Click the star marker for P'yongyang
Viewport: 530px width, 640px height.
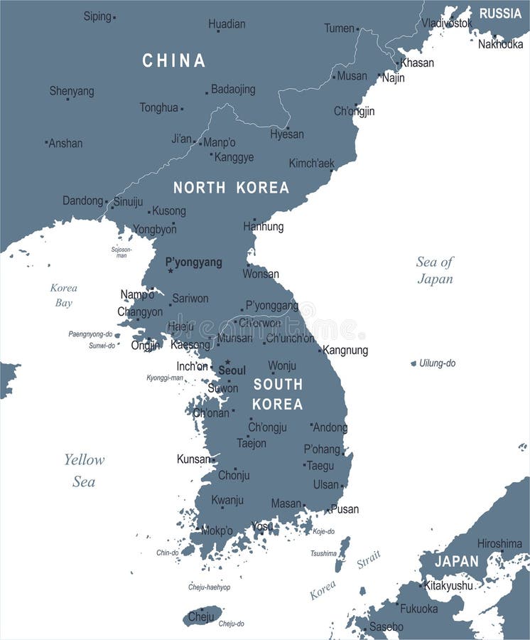pyautogui.click(x=171, y=271)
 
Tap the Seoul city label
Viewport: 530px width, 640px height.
pyautogui.click(x=232, y=370)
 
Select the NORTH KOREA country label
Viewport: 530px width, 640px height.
pyautogui.click(x=231, y=188)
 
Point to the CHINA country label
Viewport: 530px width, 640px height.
pyautogui.click(x=174, y=61)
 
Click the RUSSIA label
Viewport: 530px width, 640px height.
pyautogui.click(x=500, y=13)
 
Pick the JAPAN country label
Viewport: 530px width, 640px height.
pyautogui.click(x=457, y=561)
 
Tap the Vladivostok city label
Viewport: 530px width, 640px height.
pyautogui.click(x=447, y=23)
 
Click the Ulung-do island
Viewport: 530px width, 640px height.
pyautogui.click(x=413, y=363)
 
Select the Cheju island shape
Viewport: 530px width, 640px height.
pyautogui.click(x=202, y=615)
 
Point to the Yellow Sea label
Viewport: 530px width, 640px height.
pyautogui.click(x=84, y=471)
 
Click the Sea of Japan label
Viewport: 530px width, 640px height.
pyautogui.click(x=435, y=270)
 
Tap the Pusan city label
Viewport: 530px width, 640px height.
pyautogui.click(x=345, y=509)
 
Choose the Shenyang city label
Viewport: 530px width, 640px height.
pyautogui.click(x=72, y=91)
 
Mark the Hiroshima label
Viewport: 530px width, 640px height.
pyautogui.click(x=499, y=543)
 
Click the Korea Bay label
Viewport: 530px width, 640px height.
pyautogui.click(x=63, y=295)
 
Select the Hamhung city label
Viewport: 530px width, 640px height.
pyautogui.click(x=264, y=227)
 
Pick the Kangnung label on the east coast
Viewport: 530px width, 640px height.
pyautogui.click(x=345, y=350)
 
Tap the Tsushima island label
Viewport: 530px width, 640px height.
pyautogui.click(x=323, y=553)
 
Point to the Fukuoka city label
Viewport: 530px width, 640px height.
pyautogui.click(x=419, y=609)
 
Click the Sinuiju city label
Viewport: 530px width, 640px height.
pyautogui.click(x=128, y=201)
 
